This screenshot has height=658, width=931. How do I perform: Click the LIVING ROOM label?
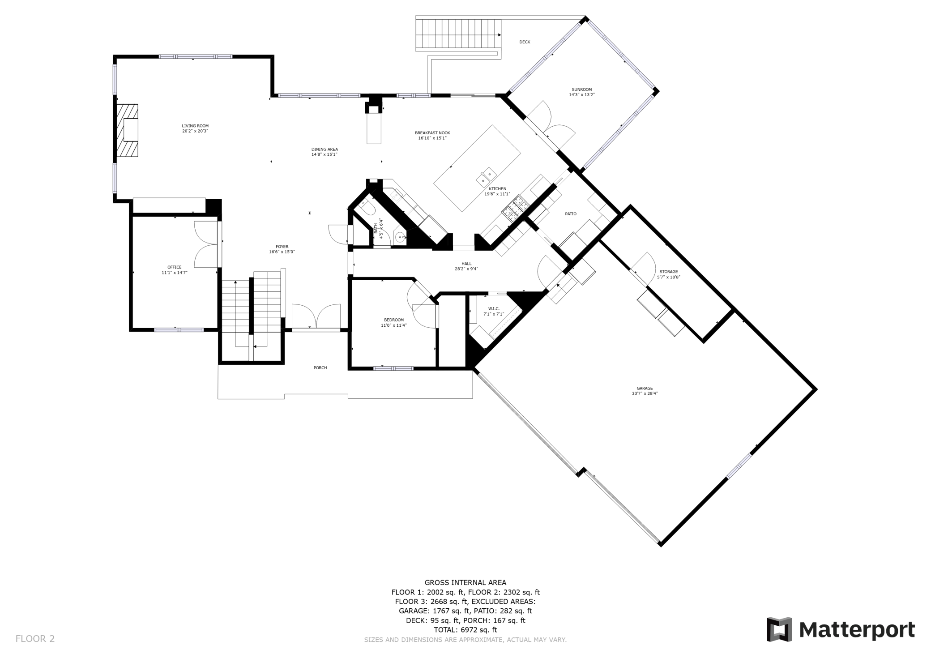(x=195, y=126)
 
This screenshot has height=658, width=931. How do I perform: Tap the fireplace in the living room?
(x=128, y=130)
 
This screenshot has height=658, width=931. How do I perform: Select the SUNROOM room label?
(x=581, y=90)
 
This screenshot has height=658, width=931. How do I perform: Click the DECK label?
(x=525, y=42)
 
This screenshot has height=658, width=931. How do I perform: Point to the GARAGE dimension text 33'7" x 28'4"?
(x=645, y=394)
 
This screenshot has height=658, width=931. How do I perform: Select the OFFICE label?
(x=175, y=267)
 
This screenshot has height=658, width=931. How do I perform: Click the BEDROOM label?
(x=394, y=320)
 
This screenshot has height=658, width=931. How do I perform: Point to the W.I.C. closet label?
(x=494, y=308)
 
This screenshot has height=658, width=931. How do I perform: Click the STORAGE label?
(x=669, y=272)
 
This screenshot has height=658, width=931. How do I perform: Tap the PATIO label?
(x=571, y=214)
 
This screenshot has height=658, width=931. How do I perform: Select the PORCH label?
(x=320, y=368)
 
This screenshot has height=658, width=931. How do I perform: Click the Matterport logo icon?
(x=779, y=629)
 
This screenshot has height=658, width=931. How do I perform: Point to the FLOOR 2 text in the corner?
(x=35, y=639)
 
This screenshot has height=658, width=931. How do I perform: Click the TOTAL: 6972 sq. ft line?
(x=465, y=630)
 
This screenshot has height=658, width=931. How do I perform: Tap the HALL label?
(x=466, y=264)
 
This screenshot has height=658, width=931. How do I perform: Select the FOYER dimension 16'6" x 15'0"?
(x=282, y=252)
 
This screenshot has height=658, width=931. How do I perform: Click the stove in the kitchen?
(x=516, y=208)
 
